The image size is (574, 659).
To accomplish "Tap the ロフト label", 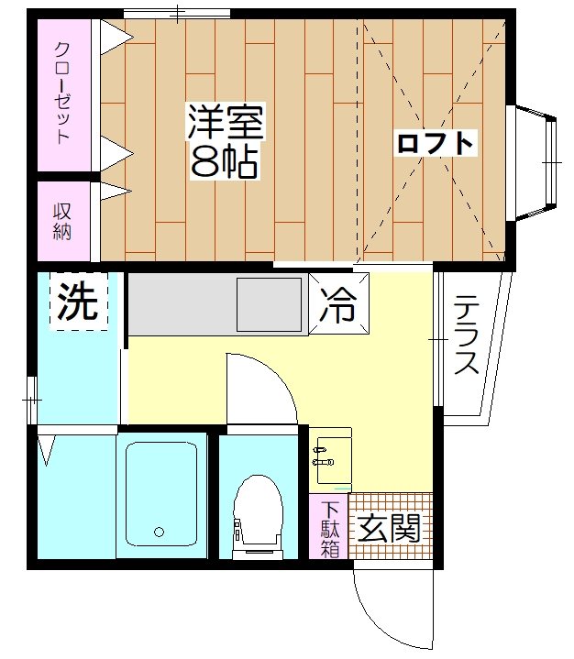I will [x=435, y=143].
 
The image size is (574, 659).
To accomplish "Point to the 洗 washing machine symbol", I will [x=78, y=303].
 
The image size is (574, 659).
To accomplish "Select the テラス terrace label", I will [x=467, y=335].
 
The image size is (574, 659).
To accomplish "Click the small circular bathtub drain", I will [x=159, y=531].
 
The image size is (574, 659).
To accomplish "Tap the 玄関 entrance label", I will [x=389, y=529].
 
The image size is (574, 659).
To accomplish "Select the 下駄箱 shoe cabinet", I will [x=329, y=527].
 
